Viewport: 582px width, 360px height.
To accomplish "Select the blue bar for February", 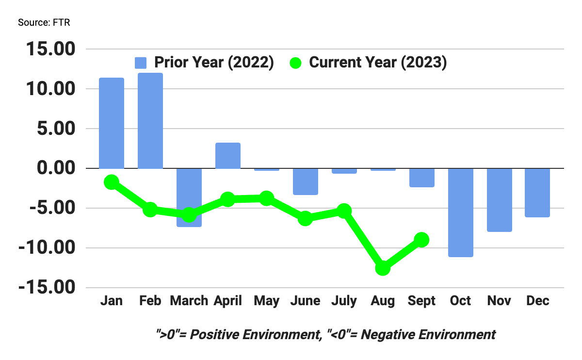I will [150, 121].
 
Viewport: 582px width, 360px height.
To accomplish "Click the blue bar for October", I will [460, 213].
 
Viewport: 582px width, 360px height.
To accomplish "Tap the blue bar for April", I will [227, 156].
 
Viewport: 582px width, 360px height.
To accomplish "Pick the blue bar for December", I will [538, 193].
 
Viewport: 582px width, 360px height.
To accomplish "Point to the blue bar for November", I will [499, 200].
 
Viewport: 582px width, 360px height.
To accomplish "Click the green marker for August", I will [383, 268].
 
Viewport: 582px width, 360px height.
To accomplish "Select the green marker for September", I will [421, 240].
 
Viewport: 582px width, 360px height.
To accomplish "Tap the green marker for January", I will [112, 182].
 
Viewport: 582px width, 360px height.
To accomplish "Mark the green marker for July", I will [344, 211].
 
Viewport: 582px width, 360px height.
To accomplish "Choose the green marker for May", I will [266, 198].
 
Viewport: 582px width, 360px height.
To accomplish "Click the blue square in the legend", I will [141, 63].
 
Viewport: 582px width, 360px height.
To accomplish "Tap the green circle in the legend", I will [296, 63].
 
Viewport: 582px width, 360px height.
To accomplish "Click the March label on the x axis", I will [189, 301].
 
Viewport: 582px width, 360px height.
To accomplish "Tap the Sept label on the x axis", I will [421, 301].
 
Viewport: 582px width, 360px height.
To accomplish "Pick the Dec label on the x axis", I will [538, 301].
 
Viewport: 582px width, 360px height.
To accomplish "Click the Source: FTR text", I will [44, 23].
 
